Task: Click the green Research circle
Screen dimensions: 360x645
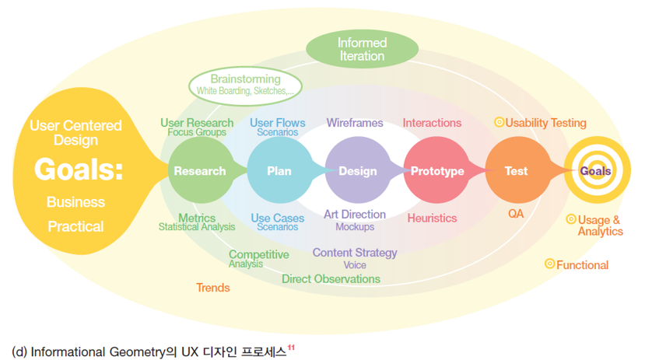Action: [x=200, y=171]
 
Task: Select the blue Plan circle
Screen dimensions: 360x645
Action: [x=279, y=171]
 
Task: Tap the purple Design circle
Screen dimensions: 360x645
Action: [x=357, y=171]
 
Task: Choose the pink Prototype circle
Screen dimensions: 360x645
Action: [x=436, y=171]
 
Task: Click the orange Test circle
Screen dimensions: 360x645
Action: [x=515, y=171]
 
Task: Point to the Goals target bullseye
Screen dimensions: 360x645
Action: [x=595, y=171]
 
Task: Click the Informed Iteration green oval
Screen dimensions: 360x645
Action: [x=362, y=49]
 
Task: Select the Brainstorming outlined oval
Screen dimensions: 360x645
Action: [x=245, y=85]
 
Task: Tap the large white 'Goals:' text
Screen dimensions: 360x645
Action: [x=78, y=170]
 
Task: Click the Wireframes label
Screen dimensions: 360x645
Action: [x=355, y=123]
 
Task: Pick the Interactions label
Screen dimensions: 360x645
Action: [x=432, y=123]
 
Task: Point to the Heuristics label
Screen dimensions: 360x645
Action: [x=432, y=218]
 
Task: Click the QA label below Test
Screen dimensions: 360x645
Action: [x=516, y=213]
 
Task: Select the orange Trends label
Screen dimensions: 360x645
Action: [x=212, y=288]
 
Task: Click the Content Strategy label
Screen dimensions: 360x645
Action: [x=355, y=253]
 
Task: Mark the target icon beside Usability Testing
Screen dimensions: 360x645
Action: [x=499, y=122]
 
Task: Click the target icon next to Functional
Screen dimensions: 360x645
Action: [x=549, y=264]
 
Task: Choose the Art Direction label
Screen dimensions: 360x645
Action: [x=355, y=214]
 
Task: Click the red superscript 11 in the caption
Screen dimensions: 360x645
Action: [x=291, y=347]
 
